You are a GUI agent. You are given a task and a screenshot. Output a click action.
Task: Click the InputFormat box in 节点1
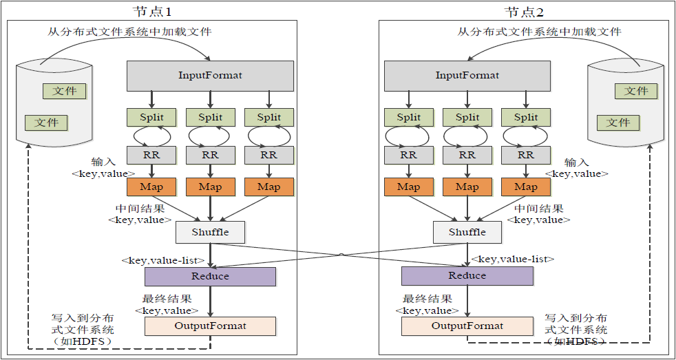click(210, 75)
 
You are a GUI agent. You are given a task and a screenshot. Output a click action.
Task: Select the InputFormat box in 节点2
click(467, 75)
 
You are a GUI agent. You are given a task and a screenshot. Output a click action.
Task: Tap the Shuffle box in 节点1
click(210, 232)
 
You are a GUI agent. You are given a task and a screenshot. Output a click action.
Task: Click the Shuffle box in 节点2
click(467, 232)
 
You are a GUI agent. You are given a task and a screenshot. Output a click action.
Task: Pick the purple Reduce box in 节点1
click(210, 276)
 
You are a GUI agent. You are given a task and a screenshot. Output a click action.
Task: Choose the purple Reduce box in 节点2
click(467, 276)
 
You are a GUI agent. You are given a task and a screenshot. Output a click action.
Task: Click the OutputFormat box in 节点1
click(210, 326)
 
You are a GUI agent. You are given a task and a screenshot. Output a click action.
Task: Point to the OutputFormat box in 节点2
click(467, 326)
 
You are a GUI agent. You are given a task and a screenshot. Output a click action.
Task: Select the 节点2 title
click(525, 12)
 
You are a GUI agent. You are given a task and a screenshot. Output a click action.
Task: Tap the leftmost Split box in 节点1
click(151, 117)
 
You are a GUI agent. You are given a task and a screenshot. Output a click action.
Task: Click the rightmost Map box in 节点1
click(268, 187)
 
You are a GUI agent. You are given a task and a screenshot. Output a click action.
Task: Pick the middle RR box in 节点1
click(210, 155)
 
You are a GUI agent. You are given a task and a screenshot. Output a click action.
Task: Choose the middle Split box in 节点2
click(467, 117)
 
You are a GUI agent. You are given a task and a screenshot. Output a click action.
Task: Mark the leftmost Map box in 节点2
click(408, 187)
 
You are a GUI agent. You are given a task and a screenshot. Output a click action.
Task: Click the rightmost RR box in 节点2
click(526, 155)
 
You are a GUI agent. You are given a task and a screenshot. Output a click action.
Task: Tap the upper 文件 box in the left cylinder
click(65, 91)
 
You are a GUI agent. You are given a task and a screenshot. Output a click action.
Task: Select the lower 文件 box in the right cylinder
click(618, 123)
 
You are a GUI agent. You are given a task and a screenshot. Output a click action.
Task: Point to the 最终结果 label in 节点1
click(167, 299)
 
